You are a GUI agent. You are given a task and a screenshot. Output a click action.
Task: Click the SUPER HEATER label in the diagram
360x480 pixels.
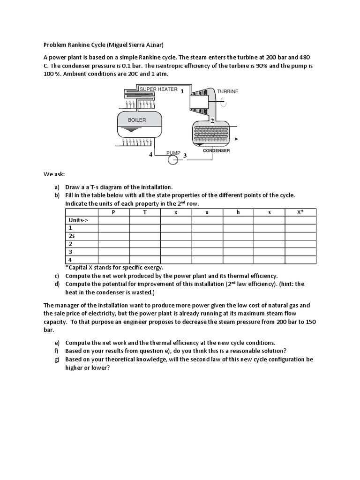click(158, 89)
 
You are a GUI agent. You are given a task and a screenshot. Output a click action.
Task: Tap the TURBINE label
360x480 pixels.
click(227, 91)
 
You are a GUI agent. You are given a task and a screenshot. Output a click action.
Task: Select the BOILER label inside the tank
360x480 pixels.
click(137, 120)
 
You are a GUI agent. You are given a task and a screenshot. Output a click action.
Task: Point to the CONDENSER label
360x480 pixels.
click(216, 151)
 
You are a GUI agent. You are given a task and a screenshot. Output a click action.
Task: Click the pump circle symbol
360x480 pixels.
click(173, 160)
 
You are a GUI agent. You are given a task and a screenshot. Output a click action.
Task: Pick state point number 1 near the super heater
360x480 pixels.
click(182, 91)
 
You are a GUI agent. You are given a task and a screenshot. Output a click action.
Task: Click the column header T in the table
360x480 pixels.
click(145, 212)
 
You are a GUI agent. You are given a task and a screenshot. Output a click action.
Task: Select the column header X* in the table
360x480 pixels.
click(300, 212)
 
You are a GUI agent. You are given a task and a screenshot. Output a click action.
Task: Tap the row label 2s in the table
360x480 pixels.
click(72, 236)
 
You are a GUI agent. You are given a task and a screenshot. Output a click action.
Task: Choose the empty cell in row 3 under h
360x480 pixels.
click(238, 252)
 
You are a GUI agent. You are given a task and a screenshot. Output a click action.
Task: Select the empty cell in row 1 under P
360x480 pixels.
click(113, 228)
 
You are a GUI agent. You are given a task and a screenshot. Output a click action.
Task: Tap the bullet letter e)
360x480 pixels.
click(56, 343)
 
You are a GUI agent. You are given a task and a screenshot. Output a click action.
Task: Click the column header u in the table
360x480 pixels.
click(207, 212)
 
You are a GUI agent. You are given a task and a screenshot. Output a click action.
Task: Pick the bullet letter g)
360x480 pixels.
click(56, 360)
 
